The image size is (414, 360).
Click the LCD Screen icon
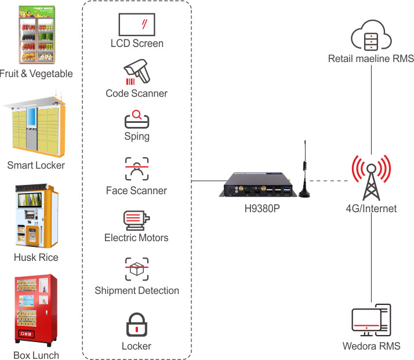click(x=137, y=24)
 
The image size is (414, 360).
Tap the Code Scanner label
click(x=137, y=93)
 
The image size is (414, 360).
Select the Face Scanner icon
click(x=137, y=169)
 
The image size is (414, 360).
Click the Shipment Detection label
click(x=137, y=290)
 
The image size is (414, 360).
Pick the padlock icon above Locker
click(x=137, y=324)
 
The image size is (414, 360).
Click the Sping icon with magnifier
click(x=137, y=119)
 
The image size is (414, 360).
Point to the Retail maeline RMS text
click(x=371, y=59)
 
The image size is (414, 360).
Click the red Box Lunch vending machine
click(x=36, y=310)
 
